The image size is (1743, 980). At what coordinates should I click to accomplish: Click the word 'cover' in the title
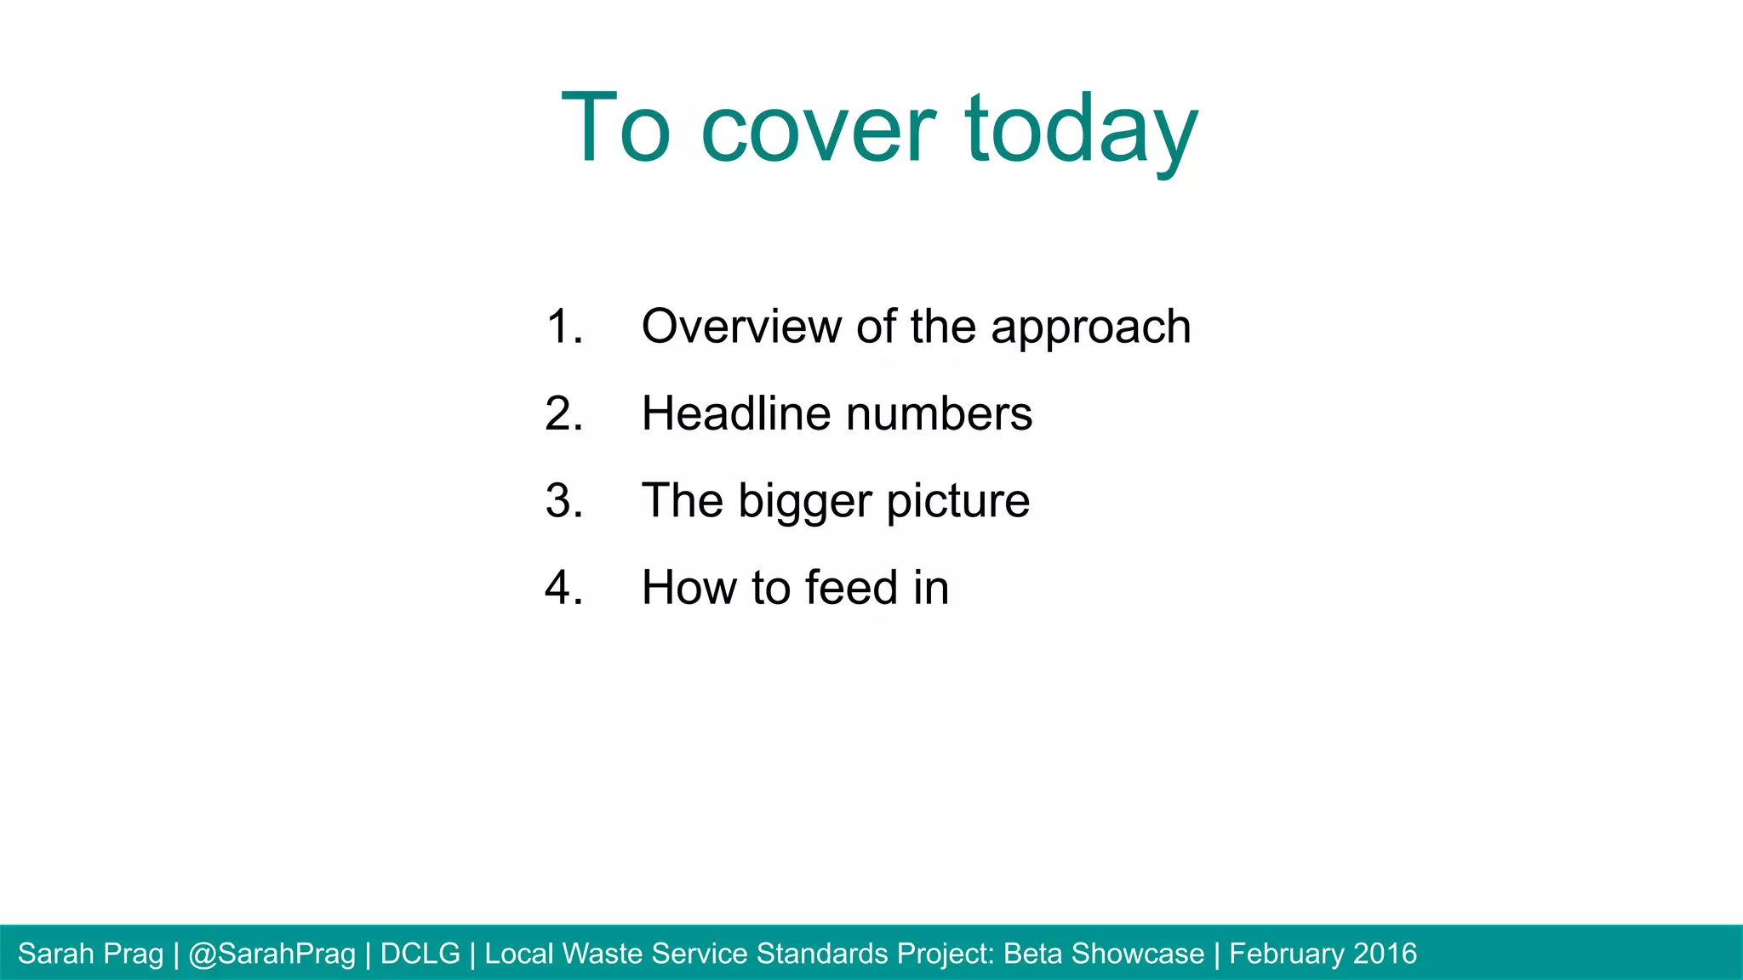coord(818,129)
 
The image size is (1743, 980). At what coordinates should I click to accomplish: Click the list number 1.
coord(563,328)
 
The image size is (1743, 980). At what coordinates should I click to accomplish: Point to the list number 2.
coord(563,414)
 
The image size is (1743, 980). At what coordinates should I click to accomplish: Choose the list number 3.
coord(563,501)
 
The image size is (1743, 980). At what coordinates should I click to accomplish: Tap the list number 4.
coord(563,588)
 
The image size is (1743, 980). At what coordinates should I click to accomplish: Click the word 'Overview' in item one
coord(743,328)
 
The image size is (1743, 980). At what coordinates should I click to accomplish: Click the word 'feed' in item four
coord(851,588)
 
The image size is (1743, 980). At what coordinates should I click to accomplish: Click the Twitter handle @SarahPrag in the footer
coord(271,954)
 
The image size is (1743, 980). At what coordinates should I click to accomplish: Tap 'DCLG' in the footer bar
coord(420,954)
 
